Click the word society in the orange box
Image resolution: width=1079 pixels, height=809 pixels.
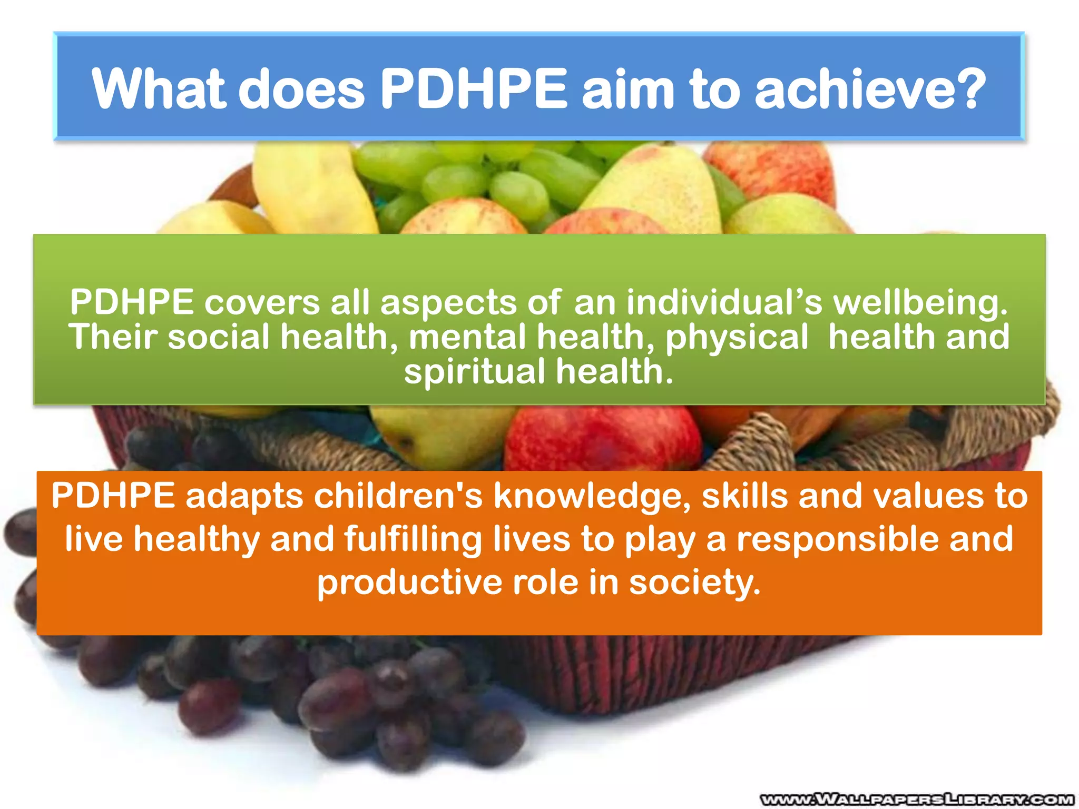(694, 584)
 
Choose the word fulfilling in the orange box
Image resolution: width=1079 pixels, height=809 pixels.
(413, 540)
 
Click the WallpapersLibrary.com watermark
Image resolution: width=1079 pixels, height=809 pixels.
(917, 800)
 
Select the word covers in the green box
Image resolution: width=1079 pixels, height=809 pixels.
(262, 303)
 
